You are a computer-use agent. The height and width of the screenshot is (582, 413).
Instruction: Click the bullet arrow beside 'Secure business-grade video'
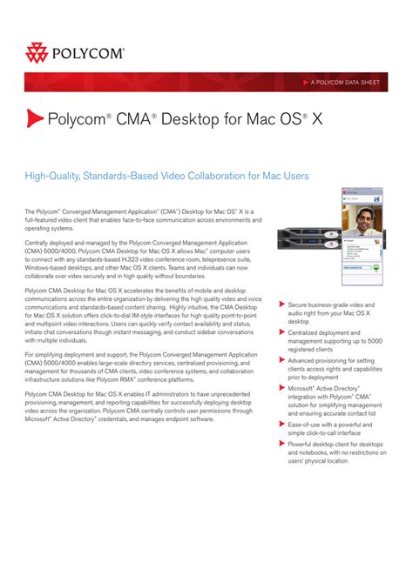[281, 305]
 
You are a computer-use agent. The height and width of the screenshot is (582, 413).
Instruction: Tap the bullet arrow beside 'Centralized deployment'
[281, 331]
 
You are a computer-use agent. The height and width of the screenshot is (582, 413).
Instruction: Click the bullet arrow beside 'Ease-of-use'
[281, 424]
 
